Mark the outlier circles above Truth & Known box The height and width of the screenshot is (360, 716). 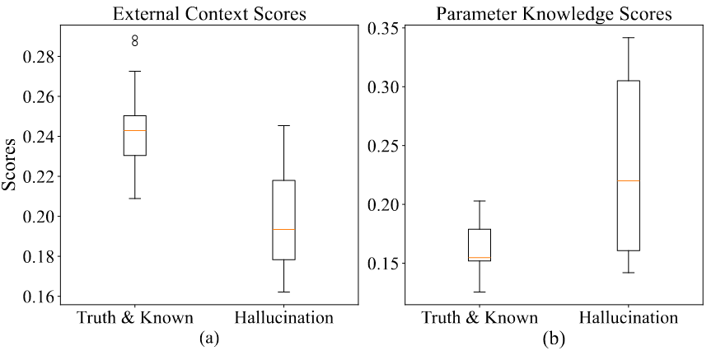click(134, 40)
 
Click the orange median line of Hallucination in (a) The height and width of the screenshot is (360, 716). click(283, 229)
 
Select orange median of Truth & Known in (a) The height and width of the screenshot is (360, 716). click(134, 130)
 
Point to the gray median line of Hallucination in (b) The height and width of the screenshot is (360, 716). click(629, 180)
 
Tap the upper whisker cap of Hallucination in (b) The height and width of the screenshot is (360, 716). click(629, 37)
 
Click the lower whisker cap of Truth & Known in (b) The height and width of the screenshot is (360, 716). click(480, 292)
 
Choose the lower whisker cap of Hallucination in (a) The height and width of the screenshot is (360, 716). click(283, 292)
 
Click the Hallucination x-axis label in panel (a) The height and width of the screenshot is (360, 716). click(283, 317)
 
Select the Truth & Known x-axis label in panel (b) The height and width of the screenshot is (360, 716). click(480, 317)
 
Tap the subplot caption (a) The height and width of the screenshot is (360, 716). click(208, 337)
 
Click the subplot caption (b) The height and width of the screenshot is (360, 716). click(554, 337)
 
